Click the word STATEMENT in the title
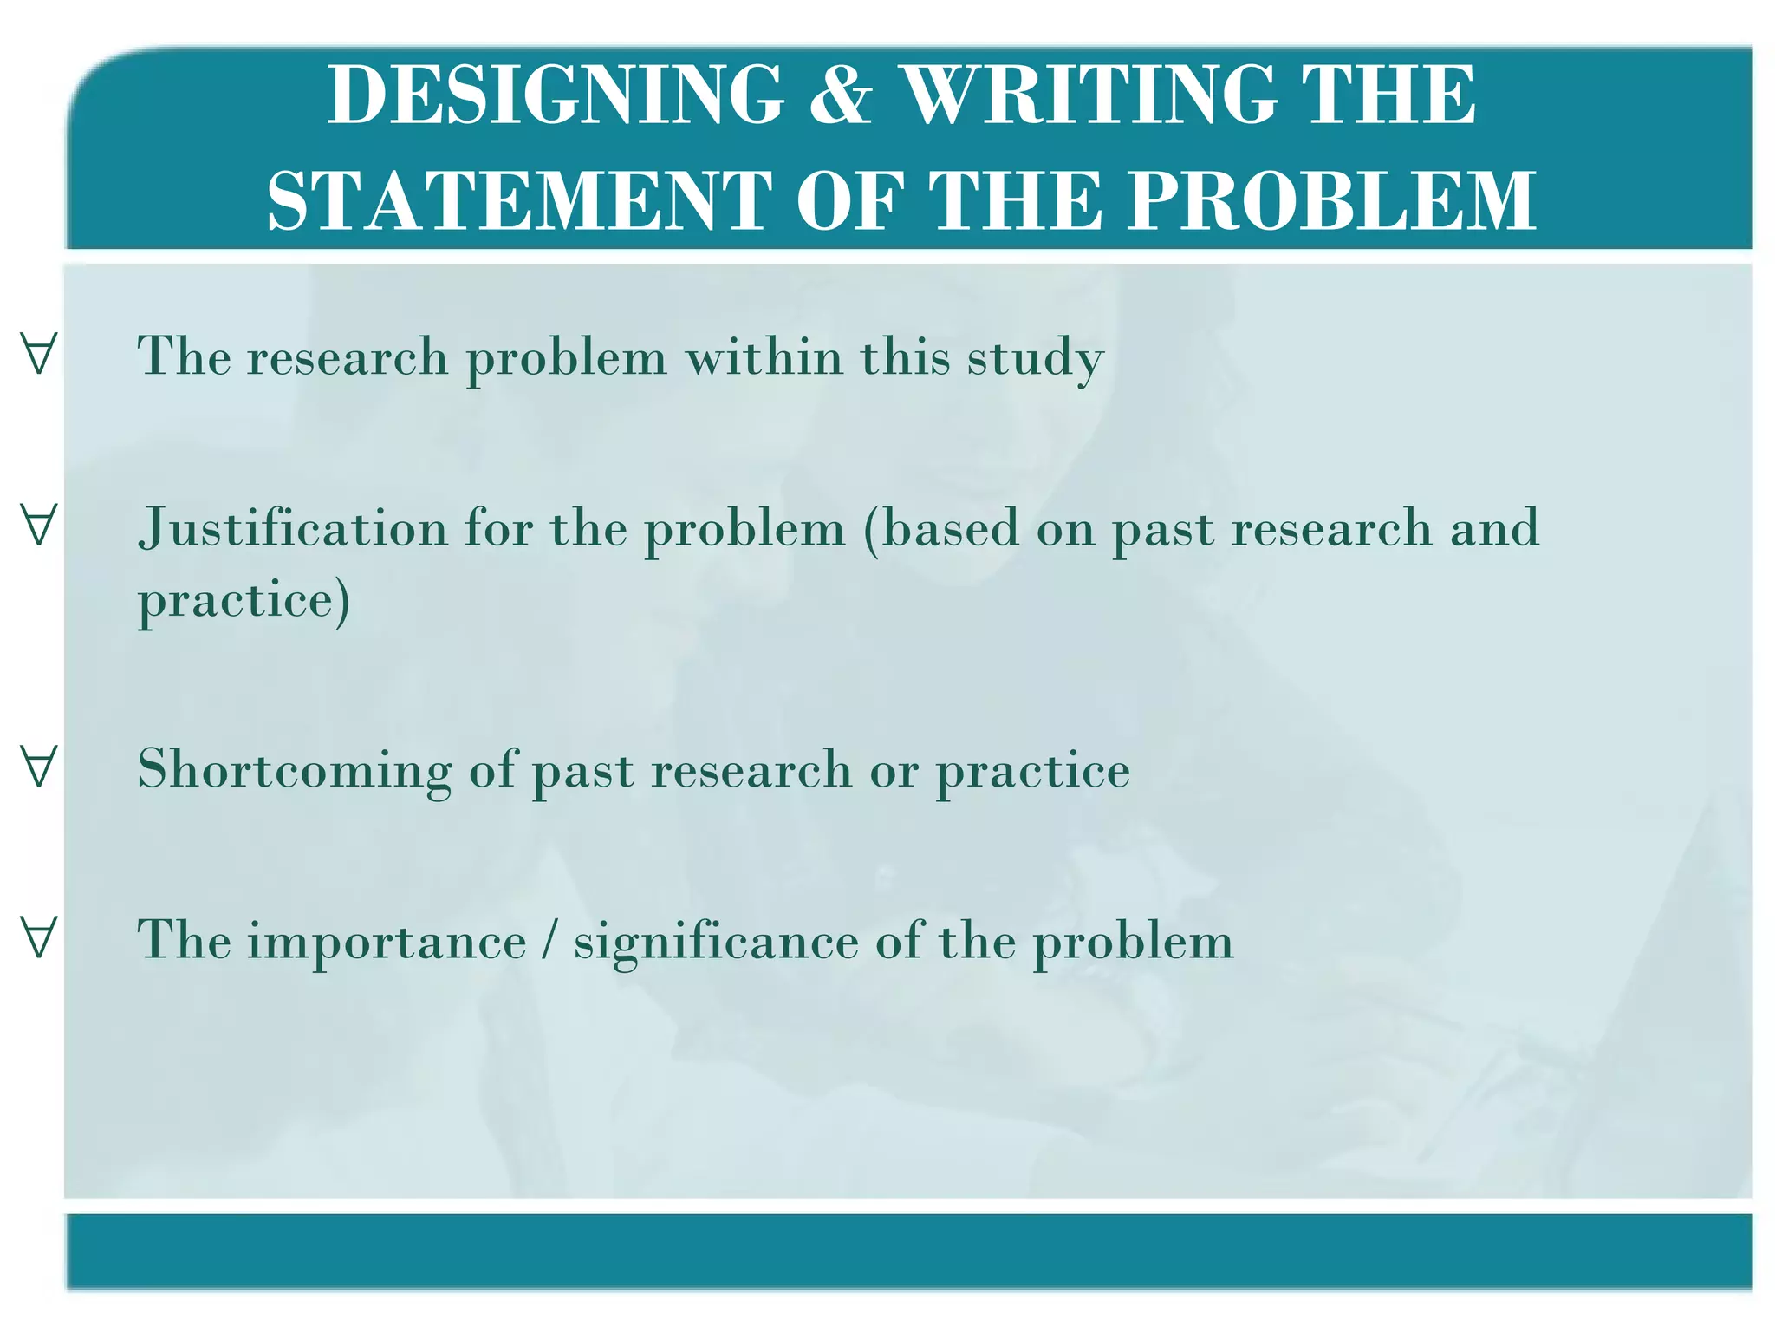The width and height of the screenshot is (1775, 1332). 519,201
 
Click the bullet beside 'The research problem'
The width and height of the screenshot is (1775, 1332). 39,354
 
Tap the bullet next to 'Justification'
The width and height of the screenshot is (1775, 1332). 39,525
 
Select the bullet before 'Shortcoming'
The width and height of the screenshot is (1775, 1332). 39,767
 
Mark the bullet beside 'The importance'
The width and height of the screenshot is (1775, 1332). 39,937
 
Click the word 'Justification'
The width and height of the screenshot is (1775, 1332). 292,527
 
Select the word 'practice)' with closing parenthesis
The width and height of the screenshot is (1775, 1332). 244,600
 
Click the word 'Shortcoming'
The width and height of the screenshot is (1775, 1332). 295,770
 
